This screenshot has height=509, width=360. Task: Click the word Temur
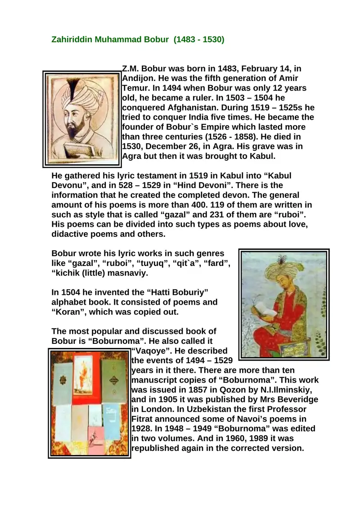pos(135,88)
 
